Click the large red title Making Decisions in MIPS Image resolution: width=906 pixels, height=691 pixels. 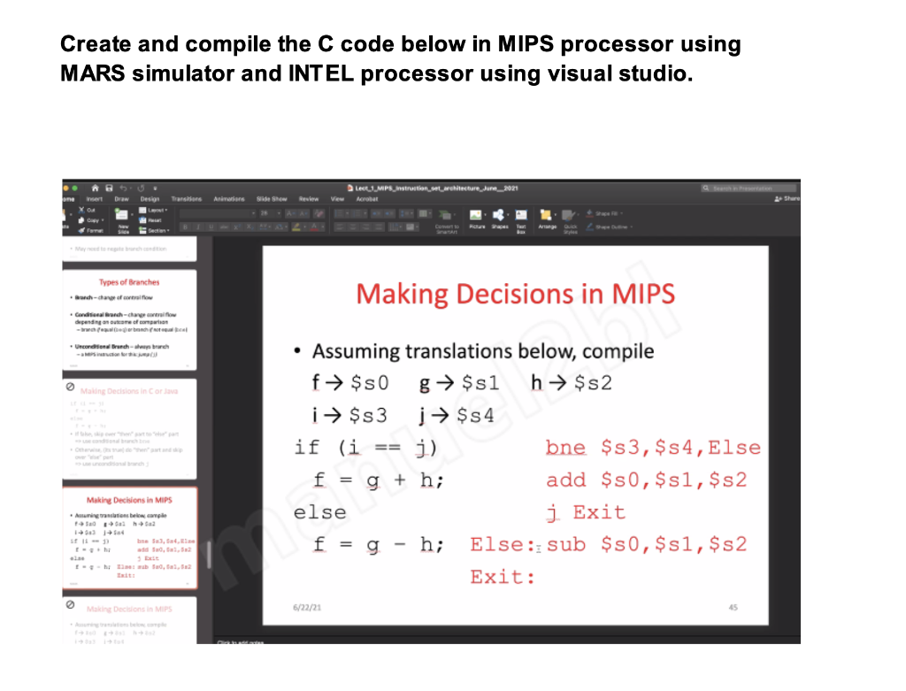(515, 294)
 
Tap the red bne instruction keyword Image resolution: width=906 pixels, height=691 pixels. (565, 448)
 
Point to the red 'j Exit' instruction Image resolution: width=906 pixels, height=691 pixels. (586, 512)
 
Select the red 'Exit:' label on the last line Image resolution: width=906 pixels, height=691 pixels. (503, 577)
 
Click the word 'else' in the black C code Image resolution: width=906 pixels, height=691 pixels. (319, 512)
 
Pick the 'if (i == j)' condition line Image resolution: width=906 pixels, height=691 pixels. (365, 448)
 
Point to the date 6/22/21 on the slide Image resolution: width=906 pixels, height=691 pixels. (307, 607)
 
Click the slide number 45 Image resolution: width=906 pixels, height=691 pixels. (733, 607)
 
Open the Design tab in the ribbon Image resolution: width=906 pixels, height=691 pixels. (149, 199)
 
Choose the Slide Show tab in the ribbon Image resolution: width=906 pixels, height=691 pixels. (272, 199)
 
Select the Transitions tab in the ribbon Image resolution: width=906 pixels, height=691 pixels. (186, 199)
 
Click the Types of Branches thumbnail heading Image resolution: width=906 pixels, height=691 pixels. (129, 282)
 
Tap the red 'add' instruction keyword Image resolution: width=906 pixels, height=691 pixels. (566, 480)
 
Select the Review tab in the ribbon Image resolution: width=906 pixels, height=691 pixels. (309, 199)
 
